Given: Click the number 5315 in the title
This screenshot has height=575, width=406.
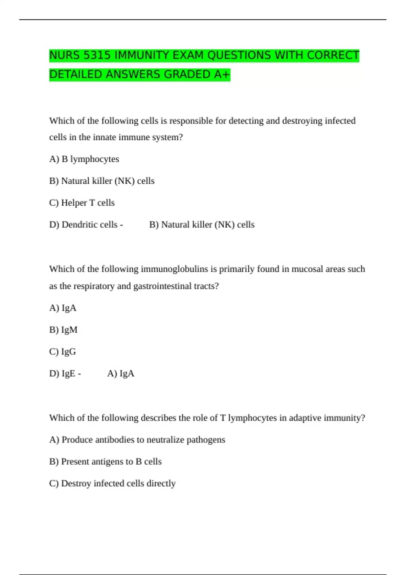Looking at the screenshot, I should [x=97, y=55].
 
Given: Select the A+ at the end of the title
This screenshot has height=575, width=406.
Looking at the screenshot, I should [x=222, y=74].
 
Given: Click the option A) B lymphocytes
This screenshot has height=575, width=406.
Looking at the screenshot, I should [x=84, y=159].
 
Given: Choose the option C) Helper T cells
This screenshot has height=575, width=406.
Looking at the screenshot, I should [x=82, y=203].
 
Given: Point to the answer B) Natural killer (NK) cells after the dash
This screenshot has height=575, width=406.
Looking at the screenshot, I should [x=202, y=225].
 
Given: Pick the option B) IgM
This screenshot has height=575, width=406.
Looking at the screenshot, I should [x=63, y=330].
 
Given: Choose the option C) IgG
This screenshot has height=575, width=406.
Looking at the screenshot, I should [x=63, y=352].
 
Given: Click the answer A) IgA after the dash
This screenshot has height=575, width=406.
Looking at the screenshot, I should [x=120, y=373].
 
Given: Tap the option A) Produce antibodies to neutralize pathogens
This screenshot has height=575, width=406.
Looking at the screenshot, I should [x=137, y=440].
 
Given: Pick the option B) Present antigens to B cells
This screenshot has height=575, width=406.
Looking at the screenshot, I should [x=105, y=462].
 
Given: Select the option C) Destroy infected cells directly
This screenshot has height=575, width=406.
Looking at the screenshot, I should [x=112, y=483].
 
